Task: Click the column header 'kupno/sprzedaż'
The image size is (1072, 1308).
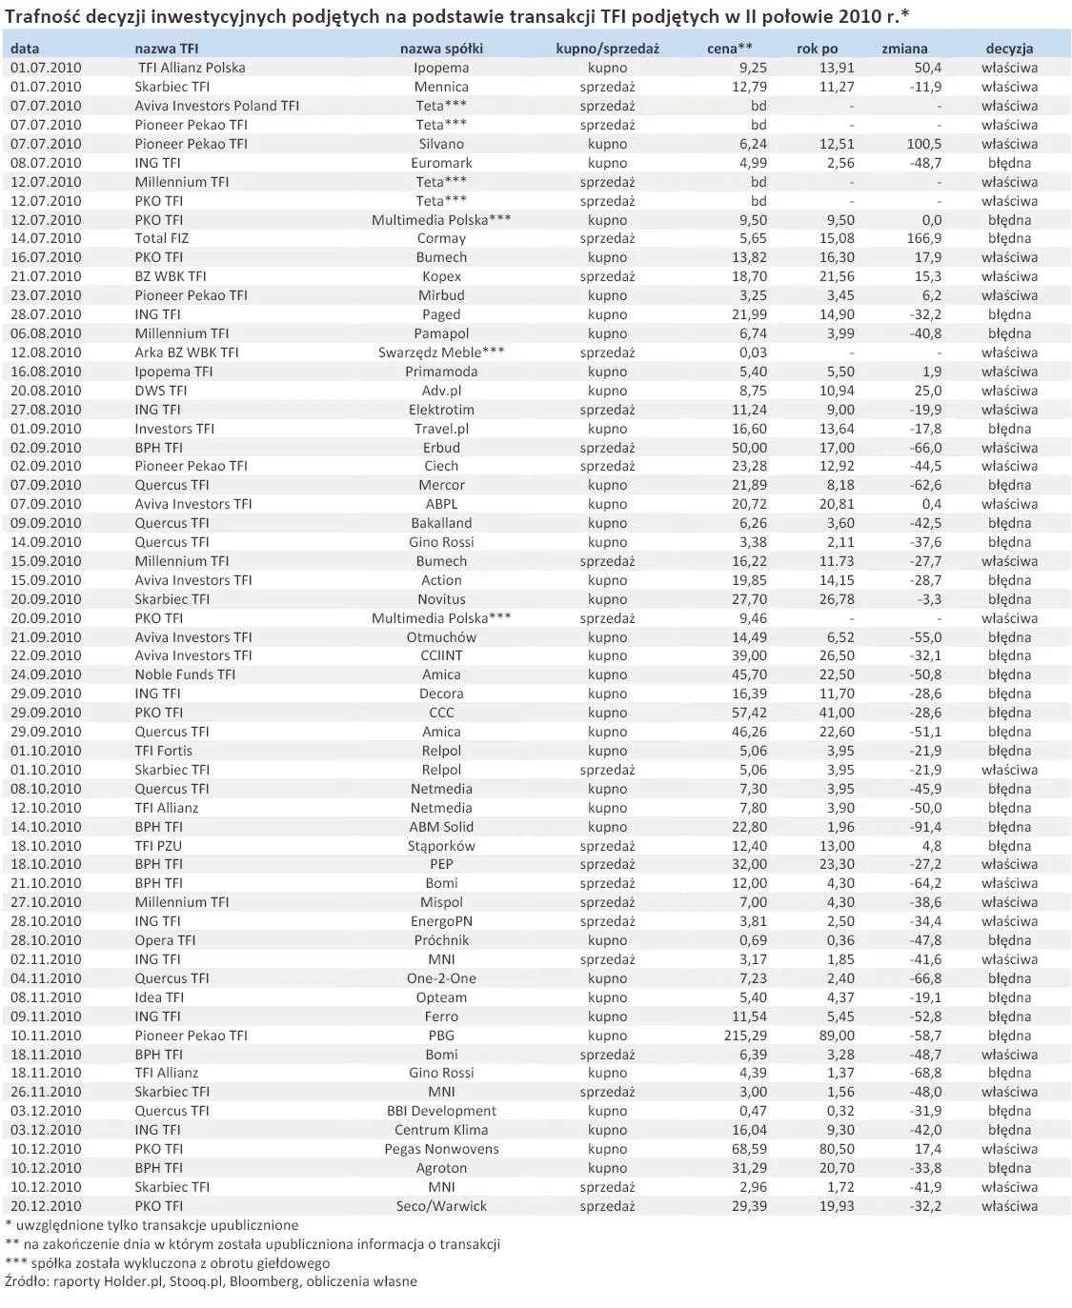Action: (607, 49)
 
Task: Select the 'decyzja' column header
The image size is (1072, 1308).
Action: (1009, 49)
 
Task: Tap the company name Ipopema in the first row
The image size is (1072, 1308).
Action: (441, 68)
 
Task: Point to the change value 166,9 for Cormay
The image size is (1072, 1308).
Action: (924, 238)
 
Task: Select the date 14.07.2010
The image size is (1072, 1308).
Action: (46, 238)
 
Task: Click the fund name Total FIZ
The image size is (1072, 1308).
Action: (162, 238)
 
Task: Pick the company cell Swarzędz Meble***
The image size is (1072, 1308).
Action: (441, 352)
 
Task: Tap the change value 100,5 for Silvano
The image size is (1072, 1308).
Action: (924, 144)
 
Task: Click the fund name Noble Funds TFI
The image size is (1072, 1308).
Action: (185, 674)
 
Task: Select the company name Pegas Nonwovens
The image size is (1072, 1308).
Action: (441, 1149)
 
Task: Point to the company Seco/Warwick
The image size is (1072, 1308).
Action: (441, 1206)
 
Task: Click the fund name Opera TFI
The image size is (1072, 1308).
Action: (165, 940)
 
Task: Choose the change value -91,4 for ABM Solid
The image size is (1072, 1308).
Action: (924, 827)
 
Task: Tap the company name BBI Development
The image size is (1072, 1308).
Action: (441, 1111)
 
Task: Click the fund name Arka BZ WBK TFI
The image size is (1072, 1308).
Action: (187, 352)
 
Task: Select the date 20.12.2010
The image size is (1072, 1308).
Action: (46, 1206)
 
